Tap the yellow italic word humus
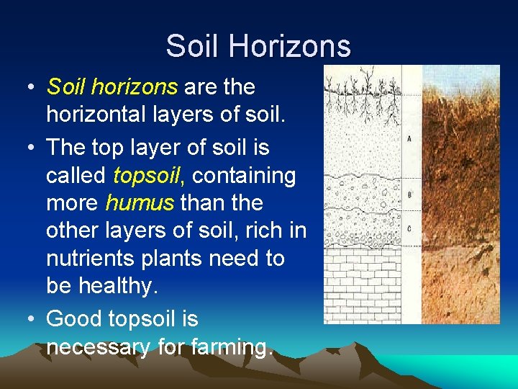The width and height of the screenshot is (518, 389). click(x=140, y=202)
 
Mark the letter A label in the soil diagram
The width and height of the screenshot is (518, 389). click(x=409, y=138)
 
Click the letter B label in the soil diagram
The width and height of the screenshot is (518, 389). click(x=409, y=194)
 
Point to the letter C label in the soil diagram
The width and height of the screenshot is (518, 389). click(x=409, y=228)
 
